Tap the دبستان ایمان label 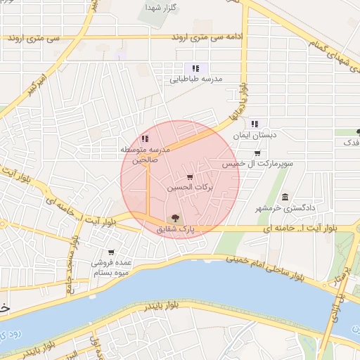(x=255, y=134)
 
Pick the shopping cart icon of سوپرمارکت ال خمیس (x=257, y=153)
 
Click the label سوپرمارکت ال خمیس (x=257, y=164)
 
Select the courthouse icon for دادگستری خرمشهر (x=284, y=197)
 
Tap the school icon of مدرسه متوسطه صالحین (x=145, y=139)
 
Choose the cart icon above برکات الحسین (x=190, y=177)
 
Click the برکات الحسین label (x=190, y=189)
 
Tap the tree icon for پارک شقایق (x=175, y=217)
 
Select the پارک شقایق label (x=175, y=229)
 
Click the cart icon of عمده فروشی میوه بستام (x=111, y=252)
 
